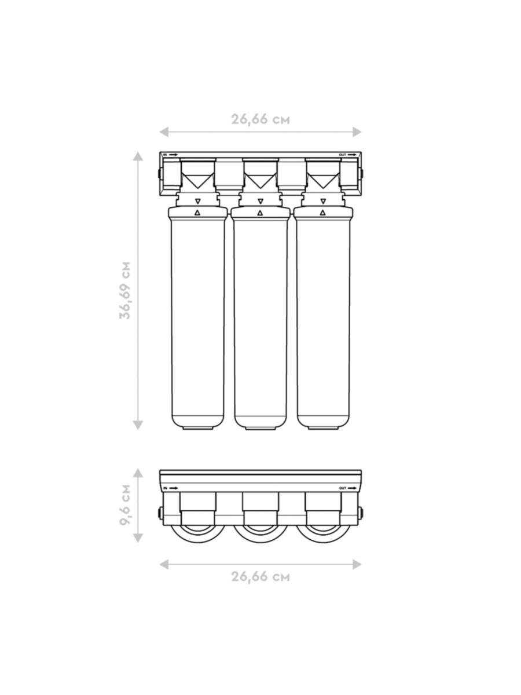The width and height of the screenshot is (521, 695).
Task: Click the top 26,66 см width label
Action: pos(260,119)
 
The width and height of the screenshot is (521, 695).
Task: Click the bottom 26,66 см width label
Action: pos(260,577)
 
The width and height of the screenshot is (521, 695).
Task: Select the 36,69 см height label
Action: pos(125,290)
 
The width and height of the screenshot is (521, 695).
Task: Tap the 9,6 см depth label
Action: pos(125,504)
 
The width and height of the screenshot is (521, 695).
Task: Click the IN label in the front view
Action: pos(165,155)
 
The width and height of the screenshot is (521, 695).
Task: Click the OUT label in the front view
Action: pos(343,155)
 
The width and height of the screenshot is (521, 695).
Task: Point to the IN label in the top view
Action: pos(165,488)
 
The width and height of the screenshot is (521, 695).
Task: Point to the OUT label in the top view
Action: pos(343,488)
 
